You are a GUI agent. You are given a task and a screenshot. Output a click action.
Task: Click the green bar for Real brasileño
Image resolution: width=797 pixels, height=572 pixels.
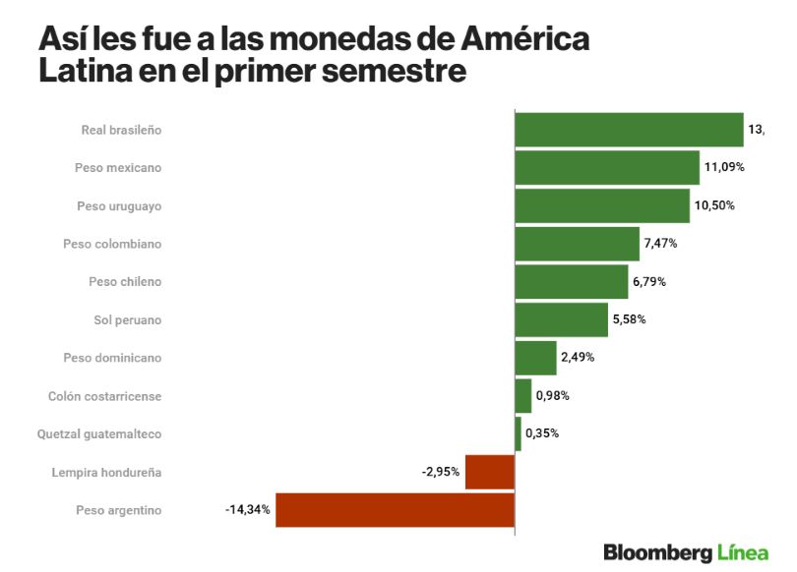(x=629, y=130)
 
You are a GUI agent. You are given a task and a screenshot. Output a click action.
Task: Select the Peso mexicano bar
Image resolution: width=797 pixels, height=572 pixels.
(x=607, y=167)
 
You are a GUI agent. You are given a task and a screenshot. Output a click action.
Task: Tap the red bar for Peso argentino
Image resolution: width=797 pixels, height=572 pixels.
(x=395, y=510)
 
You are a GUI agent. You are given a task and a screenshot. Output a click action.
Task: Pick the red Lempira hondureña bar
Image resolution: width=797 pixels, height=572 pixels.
(x=489, y=472)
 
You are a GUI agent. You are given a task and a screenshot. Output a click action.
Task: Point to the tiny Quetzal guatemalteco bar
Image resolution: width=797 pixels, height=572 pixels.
(x=519, y=433)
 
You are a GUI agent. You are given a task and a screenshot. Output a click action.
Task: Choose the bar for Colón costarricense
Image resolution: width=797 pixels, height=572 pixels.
(x=523, y=396)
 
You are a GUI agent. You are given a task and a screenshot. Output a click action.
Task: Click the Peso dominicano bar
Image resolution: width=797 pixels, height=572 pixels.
(x=535, y=358)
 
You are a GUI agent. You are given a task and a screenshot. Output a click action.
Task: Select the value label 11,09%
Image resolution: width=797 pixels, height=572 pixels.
(x=724, y=167)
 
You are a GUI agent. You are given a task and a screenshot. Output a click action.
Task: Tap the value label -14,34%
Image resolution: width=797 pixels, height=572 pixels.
(x=247, y=510)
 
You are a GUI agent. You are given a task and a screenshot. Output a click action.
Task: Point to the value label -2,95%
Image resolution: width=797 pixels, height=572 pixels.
(x=441, y=472)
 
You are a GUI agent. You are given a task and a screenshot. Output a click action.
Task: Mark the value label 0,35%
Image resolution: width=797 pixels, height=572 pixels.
(x=542, y=433)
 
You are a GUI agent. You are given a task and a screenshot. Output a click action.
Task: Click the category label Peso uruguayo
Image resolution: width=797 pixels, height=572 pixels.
(x=119, y=205)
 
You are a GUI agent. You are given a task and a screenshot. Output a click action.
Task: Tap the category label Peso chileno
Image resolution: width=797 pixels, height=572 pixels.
(x=125, y=282)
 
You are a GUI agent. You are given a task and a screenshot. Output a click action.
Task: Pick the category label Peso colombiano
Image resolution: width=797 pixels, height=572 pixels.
(x=112, y=244)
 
